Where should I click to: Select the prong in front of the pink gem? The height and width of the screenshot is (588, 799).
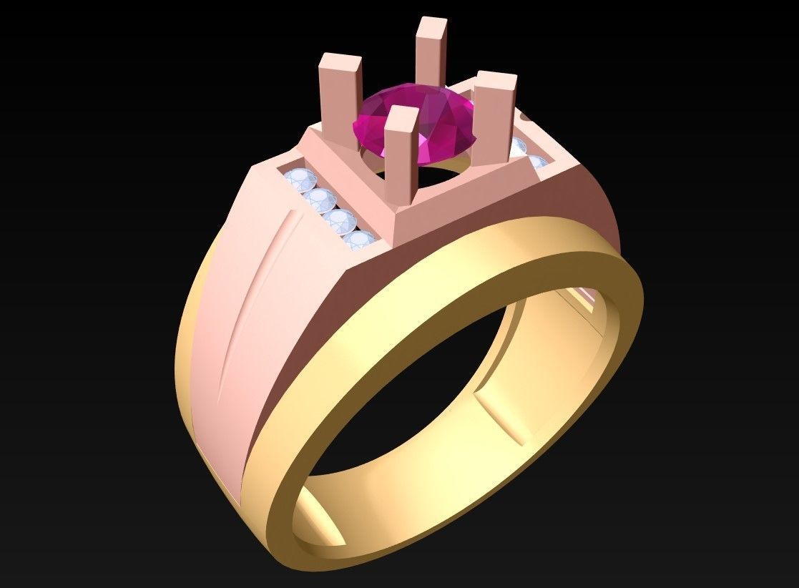(401, 154)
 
